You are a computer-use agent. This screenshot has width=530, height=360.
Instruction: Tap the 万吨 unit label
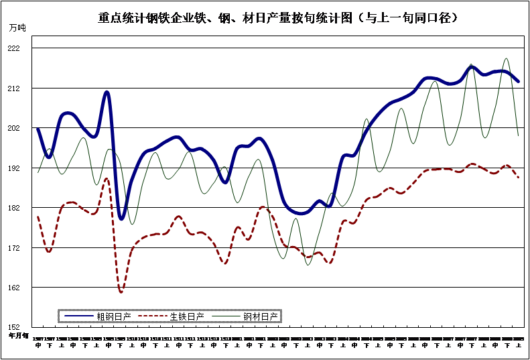click(19, 27)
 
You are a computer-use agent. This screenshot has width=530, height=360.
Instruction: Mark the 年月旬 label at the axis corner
click(18, 335)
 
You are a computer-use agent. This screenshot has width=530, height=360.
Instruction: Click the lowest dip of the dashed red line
click(121, 292)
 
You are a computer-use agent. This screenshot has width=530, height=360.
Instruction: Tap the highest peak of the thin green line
click(507, 59)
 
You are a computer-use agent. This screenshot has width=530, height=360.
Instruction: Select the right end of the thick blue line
click(519, 81)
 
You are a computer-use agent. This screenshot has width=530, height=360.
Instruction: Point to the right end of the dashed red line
click(519, 177)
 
